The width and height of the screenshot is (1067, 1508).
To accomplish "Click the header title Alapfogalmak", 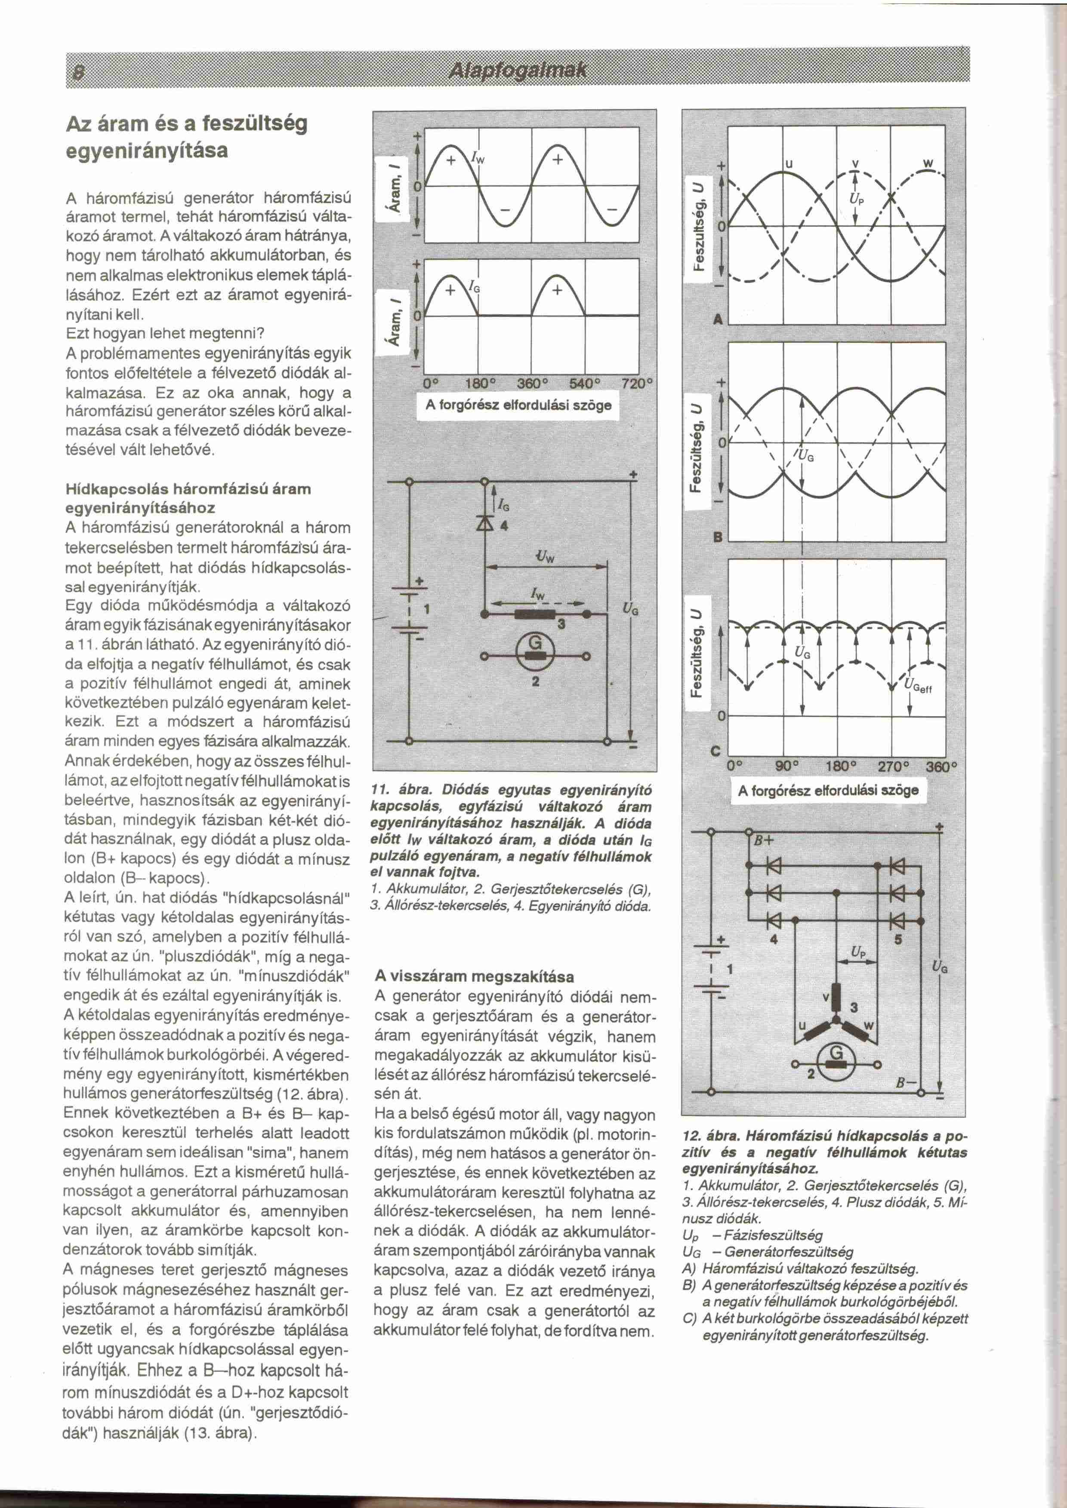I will [517, 70].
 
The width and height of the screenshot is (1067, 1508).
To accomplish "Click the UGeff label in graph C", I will [918, 687].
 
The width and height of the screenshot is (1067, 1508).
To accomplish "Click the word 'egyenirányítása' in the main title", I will [147, 151].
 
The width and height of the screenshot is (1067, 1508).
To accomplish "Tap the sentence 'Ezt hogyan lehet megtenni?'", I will [165, 334].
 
